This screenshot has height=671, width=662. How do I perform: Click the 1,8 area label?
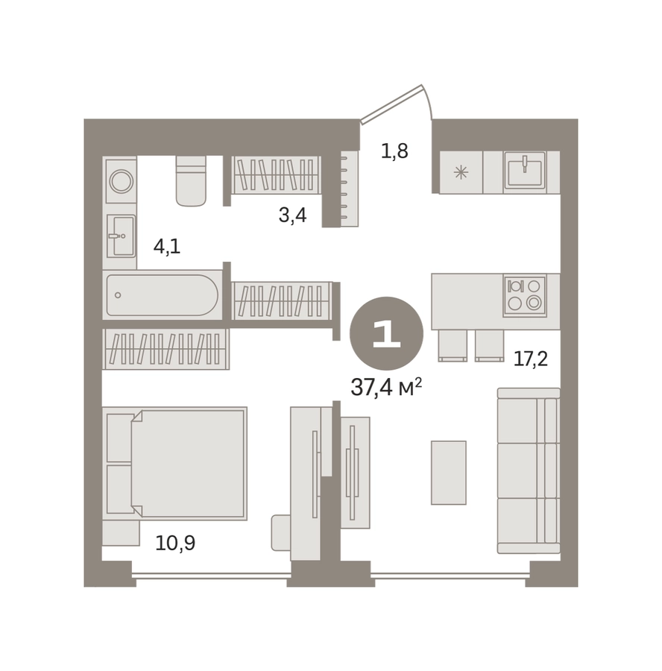394,151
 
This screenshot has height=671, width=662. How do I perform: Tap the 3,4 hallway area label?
293,215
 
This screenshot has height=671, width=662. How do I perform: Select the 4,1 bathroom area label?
167,247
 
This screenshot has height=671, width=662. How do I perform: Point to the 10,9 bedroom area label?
175,543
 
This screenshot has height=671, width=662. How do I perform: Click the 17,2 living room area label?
531,359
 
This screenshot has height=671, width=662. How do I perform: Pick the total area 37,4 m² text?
386,388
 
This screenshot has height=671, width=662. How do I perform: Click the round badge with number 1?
386,333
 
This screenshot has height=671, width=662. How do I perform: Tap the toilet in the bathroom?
191,180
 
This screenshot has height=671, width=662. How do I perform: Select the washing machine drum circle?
122,181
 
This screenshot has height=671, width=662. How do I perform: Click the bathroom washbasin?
121,236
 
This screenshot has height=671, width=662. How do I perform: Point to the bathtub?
163,295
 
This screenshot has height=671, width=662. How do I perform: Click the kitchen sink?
525,170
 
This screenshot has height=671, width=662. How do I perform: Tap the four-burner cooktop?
525,296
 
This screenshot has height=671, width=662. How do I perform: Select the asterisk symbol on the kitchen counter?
461,172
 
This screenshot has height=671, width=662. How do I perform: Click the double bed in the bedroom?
175,464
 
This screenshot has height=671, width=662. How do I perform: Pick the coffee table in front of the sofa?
449,473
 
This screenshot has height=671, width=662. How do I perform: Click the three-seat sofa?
529,470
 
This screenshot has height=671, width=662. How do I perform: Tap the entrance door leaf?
391,104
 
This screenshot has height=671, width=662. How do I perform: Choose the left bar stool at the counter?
453,346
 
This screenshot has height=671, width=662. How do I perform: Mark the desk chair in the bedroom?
281,533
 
